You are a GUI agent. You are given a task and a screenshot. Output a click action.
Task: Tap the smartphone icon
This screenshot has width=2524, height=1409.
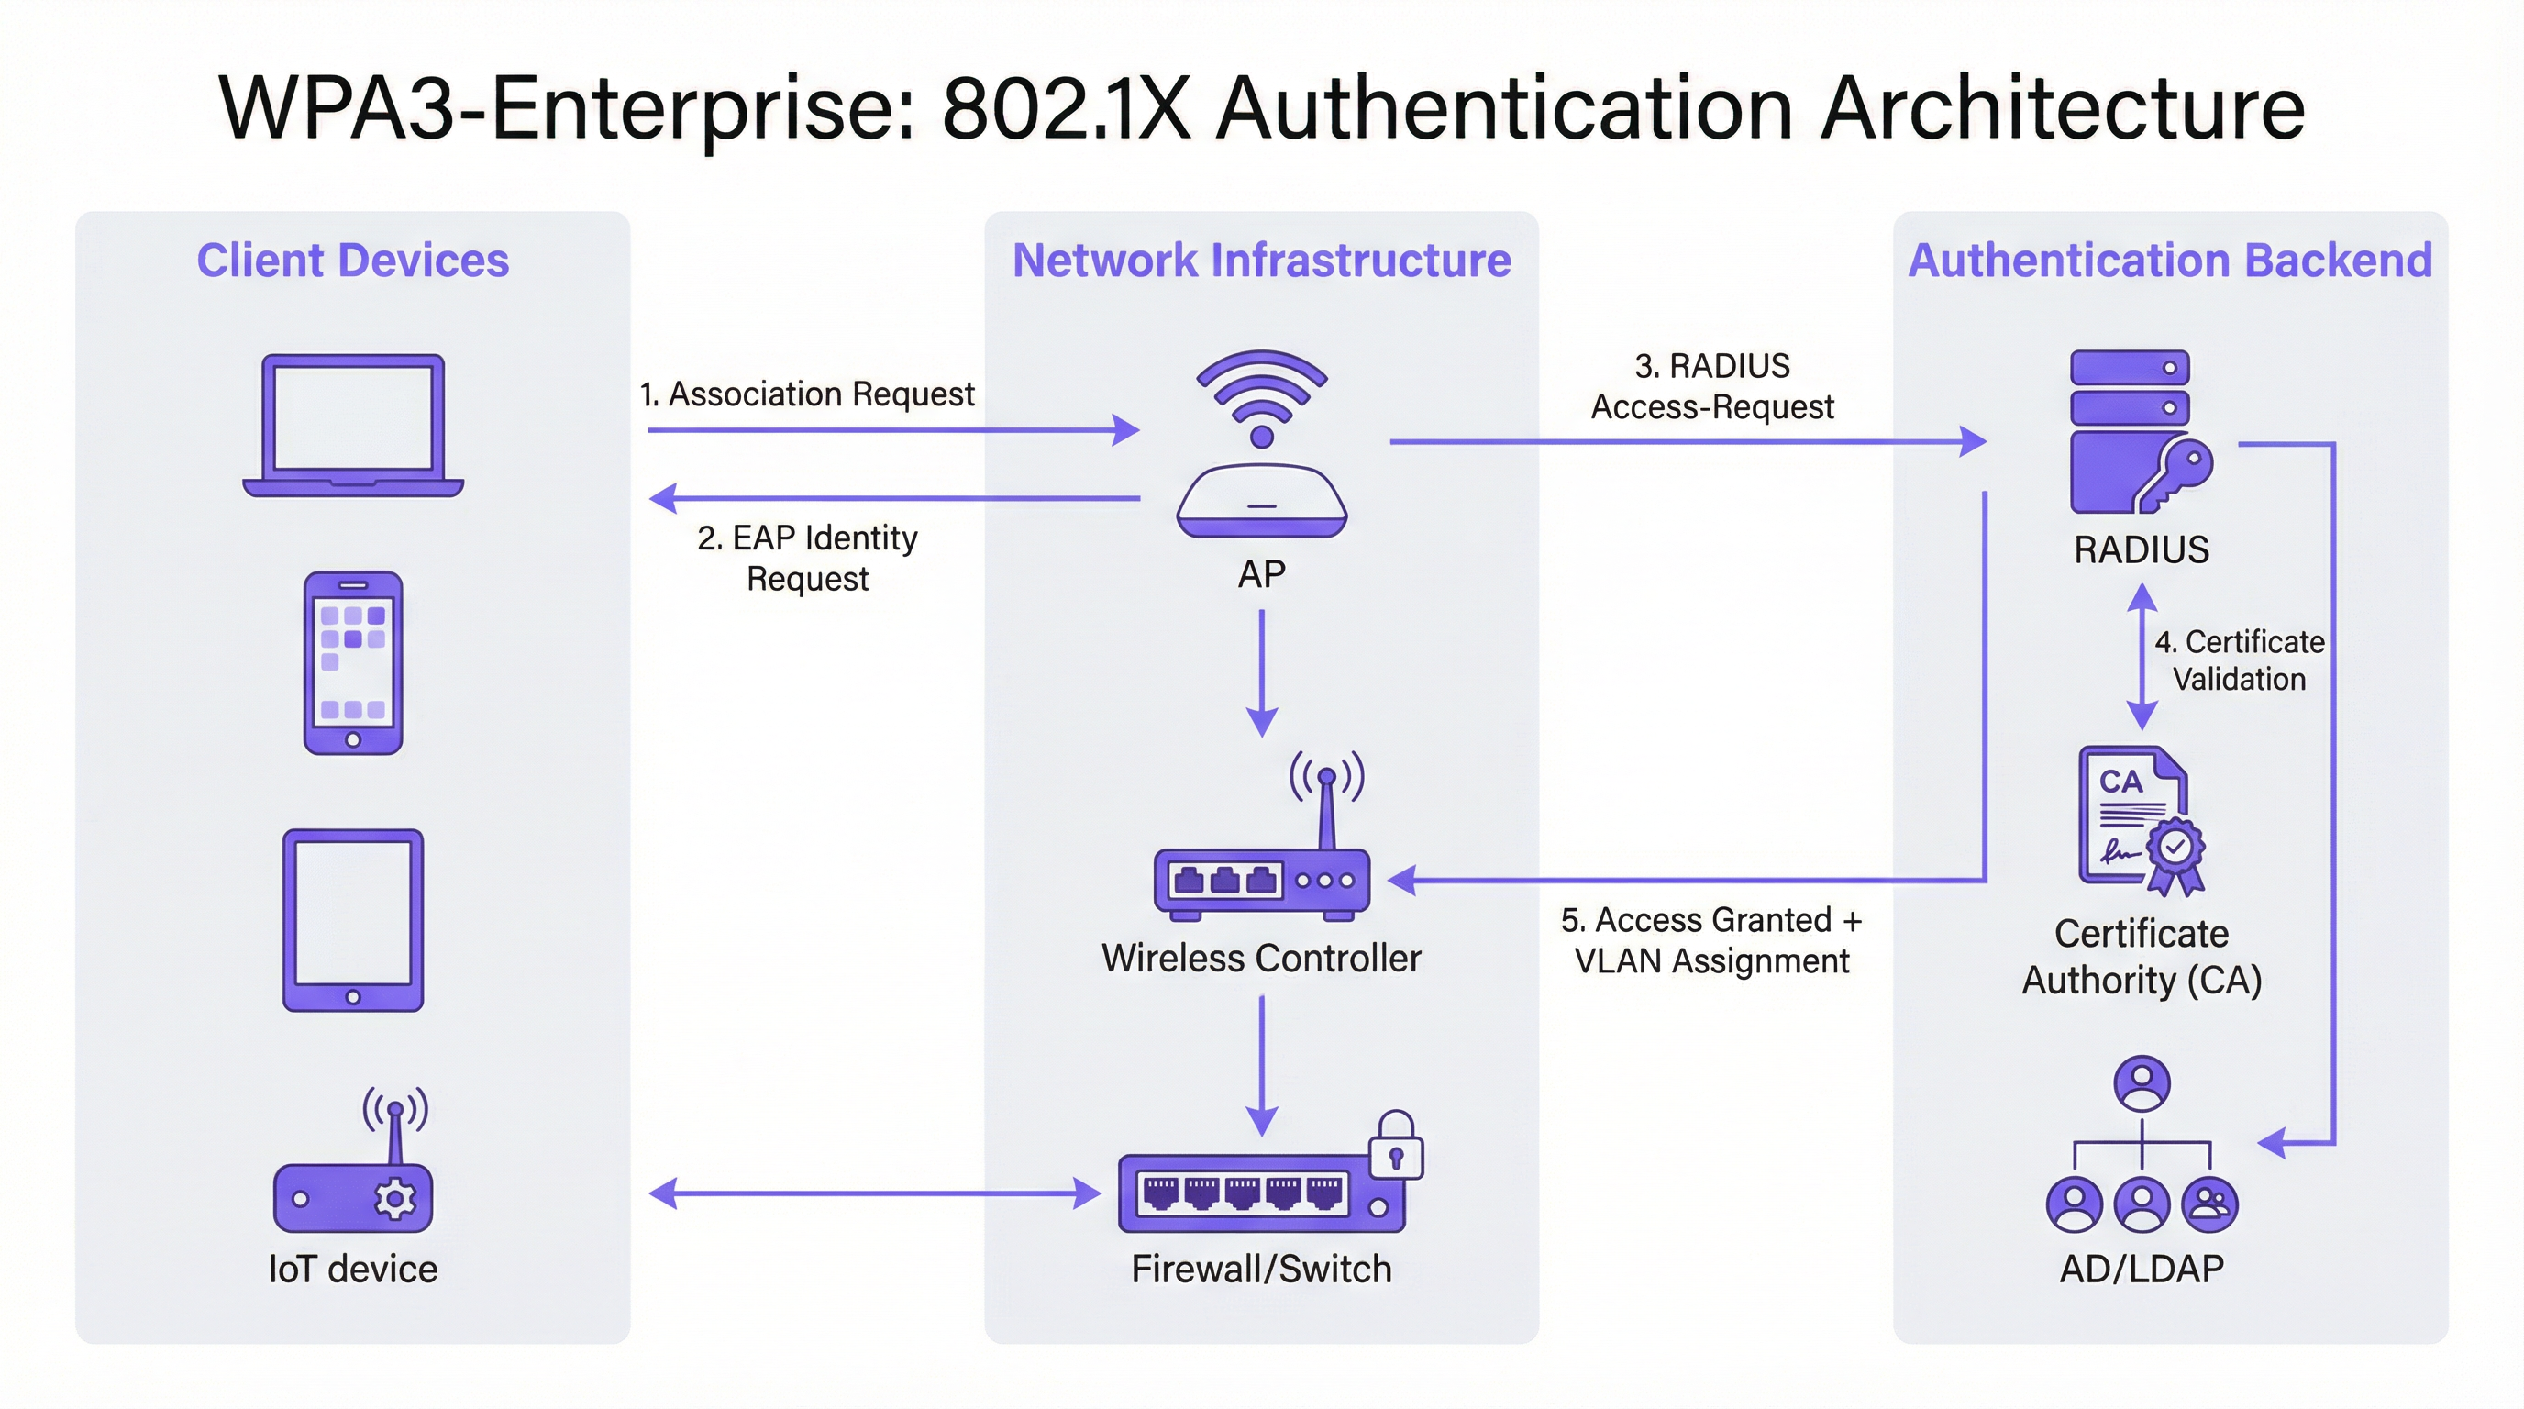353,662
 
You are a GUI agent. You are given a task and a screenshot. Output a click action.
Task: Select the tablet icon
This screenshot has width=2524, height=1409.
353,919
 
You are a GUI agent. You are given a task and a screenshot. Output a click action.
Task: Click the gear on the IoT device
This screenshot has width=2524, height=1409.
396,1198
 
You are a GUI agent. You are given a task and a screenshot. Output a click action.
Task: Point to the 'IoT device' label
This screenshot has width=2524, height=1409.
353,1270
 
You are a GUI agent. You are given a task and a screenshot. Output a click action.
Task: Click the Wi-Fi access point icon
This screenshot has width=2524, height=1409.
1262,446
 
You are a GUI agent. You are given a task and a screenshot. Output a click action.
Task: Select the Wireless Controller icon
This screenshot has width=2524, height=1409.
1262,862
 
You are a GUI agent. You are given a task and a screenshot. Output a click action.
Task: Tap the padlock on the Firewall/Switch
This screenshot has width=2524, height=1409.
1396,1147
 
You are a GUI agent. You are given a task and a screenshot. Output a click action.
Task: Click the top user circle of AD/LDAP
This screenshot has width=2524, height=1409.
2142,1082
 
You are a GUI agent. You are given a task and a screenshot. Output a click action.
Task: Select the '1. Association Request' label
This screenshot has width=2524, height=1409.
806,394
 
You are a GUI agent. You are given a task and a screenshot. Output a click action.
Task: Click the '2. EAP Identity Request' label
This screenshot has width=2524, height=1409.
807,558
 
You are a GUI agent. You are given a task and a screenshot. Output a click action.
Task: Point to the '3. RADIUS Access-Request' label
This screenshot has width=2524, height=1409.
1711,386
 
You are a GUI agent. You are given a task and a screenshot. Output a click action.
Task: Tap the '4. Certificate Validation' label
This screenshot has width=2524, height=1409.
2239,660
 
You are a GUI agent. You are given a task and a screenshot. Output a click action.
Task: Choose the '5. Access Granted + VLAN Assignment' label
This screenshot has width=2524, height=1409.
1711,940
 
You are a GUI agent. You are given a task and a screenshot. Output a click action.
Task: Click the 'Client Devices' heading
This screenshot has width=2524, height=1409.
353,261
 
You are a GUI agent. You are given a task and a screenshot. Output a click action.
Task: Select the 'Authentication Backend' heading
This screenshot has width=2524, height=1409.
2169,261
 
